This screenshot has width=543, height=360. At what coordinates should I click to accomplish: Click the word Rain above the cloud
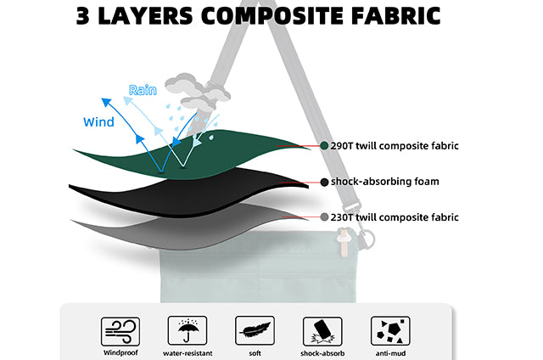(143, 90)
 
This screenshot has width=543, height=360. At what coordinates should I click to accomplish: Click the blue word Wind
(98, 122)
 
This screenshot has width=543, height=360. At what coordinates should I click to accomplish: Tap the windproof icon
(120, 331)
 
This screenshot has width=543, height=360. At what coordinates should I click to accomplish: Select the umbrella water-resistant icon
(188, 330)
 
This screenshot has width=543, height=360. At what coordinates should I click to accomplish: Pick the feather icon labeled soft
(255, 330)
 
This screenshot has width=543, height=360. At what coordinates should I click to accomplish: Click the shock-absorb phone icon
(322, 331)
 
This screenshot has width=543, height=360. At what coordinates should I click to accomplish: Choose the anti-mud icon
(390, 331)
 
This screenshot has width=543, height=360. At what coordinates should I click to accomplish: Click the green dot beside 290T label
(324, 145)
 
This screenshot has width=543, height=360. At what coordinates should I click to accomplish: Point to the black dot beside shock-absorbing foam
(324, 182)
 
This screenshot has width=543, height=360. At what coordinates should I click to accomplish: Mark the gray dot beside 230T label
(324, 217)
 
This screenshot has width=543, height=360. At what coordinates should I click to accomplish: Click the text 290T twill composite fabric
(395, 146)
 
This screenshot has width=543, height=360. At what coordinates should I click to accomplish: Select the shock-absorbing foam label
(384, 182)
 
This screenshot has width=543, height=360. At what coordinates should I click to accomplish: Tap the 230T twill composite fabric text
(395, 217)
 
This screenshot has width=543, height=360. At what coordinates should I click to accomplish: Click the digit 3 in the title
(83, 16)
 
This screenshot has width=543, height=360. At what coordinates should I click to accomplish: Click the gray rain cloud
(197, 91)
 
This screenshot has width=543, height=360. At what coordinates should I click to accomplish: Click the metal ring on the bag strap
(367, 239)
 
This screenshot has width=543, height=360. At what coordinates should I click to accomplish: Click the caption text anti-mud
(390, 353)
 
